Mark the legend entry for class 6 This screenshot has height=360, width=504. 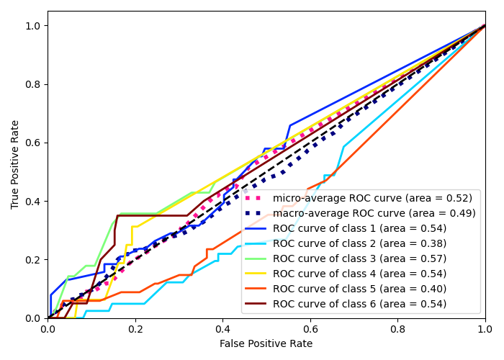coord(359,304)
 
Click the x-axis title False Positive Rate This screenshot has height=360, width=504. coord(266,344)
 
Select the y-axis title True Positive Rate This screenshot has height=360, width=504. coord(15,164)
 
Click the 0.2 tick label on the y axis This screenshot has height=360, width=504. coord(33,260)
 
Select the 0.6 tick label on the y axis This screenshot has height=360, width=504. coord(33,143)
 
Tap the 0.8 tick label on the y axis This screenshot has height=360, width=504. coord(33,84)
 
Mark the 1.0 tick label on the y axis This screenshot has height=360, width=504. coord(33,26)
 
